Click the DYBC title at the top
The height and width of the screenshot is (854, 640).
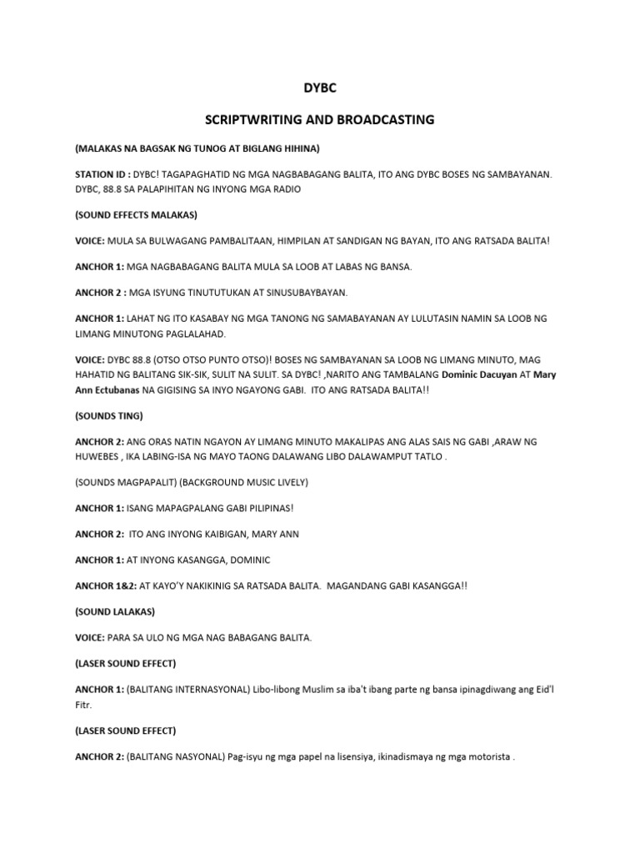coord(319,86)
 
